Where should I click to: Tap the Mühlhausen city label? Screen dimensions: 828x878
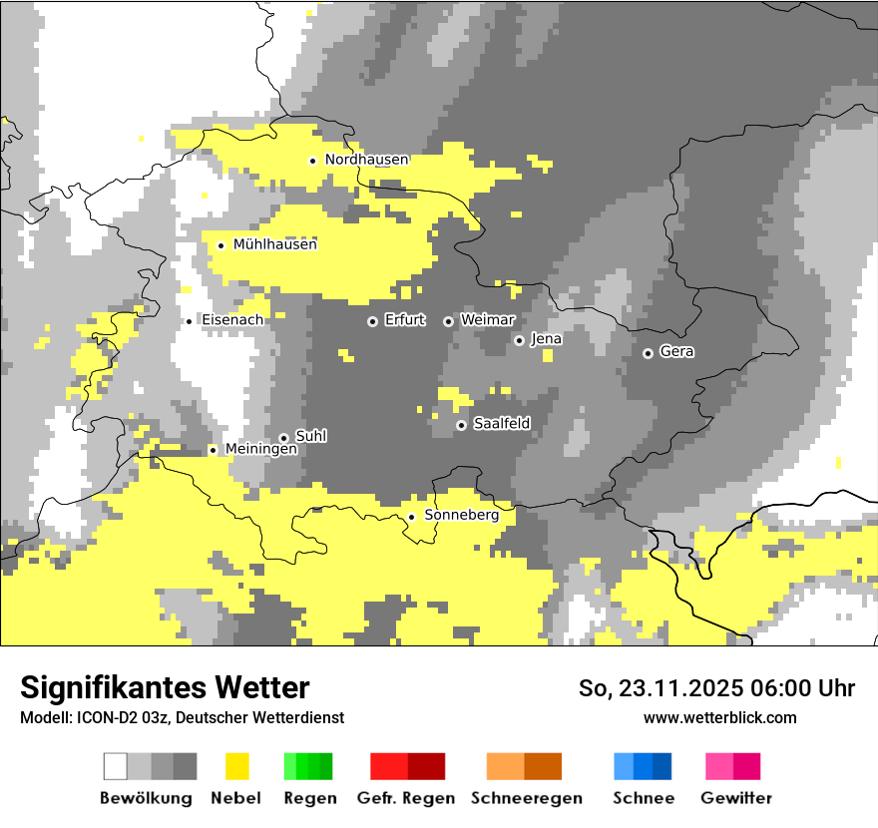[x=274, y=244]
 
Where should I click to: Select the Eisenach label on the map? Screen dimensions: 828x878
[x=232, y=320]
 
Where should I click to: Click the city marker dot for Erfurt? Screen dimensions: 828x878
[x=372, y=321]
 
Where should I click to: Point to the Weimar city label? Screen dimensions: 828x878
[x=487, y=320]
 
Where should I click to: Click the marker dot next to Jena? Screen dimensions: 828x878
[x=519, y=340]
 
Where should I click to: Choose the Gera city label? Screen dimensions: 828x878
[x=676, y=352]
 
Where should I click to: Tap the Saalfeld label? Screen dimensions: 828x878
[x=501, y=424]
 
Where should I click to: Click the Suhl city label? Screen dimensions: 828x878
[x=310, y=437]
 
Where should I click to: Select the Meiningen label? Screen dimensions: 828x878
[x=260, y=450]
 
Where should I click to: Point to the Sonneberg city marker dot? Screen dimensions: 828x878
[x=411, y=517]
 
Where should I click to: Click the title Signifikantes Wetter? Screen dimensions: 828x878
[x=165, y=687]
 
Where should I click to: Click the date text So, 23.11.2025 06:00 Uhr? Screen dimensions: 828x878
[x=716, y=688]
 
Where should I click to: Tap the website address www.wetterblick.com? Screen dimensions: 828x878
[x=719, y=717]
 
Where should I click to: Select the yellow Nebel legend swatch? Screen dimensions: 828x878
[x=236, y=766]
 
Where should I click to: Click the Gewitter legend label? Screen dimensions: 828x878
[x=735, y=798]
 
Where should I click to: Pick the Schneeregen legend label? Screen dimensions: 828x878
[x=526, y=798]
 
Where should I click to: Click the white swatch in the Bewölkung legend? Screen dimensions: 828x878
[x=116, y=766]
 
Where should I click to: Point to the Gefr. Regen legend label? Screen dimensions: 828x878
[x=406, y=798]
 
